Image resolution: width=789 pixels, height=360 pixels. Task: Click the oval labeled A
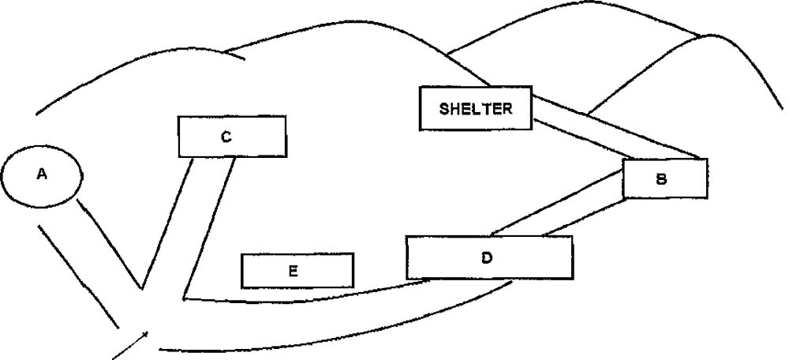(41, 176)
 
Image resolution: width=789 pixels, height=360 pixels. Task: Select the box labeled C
(232, 137)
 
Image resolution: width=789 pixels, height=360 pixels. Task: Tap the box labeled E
(297, 271)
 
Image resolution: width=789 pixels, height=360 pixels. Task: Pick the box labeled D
(489, 257)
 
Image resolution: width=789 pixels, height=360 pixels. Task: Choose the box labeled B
(664, 178)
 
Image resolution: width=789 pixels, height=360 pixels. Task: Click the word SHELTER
(475, 108)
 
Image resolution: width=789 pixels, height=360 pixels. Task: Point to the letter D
(487, 257)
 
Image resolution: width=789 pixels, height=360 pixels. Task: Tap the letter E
(293, 271)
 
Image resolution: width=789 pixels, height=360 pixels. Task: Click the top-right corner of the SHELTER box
(531, 88)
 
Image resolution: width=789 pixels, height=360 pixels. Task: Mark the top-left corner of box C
(179, 118)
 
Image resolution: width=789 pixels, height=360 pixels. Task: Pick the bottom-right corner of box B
(707, 197)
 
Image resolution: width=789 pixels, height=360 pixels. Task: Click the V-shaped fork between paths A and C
(142, 288)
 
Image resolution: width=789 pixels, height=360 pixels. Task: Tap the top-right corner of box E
(353, 254)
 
